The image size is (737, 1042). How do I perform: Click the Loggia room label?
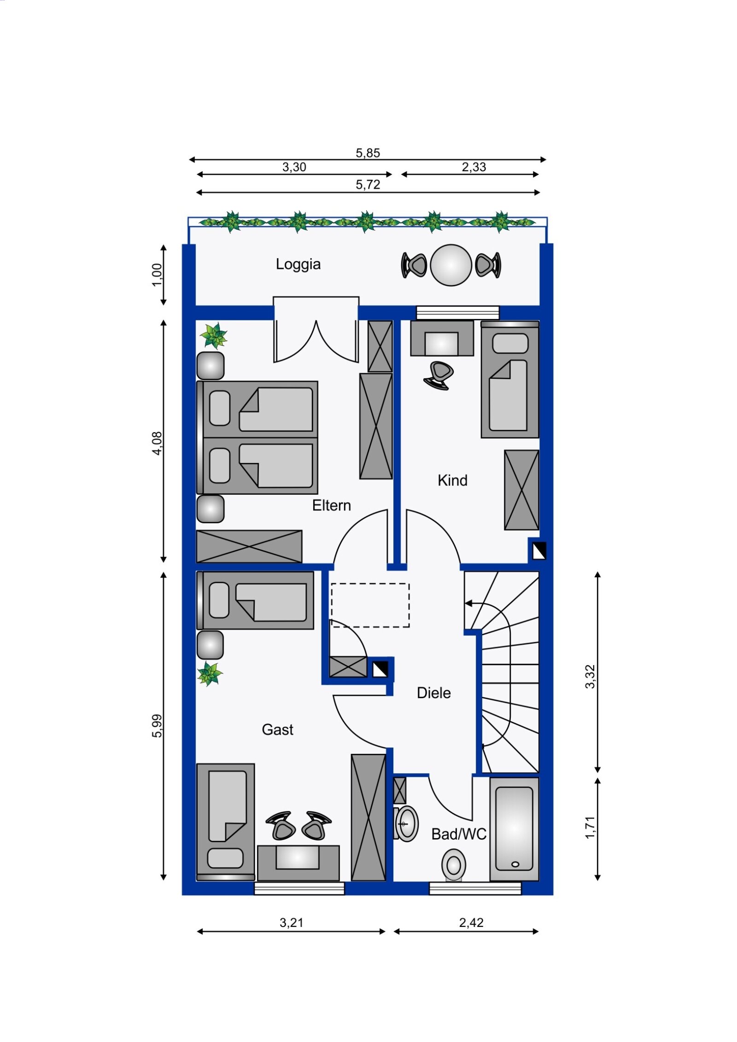pyautogui.click(x=298, y=264)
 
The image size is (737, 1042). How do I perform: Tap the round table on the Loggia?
pyautogui.click(x=451, y=265)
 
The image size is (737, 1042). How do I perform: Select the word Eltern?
pyautogui.click(x=331, y=505)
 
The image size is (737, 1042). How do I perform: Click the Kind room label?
pyautogui.click(x=452, y=480)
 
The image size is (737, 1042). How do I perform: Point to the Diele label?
pyautogui.click(x=433, y=693)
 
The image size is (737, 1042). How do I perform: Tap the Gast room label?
pyautogui.click(x=277, y=729)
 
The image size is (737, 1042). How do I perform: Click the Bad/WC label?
pyautogui.click(x=459, y=834)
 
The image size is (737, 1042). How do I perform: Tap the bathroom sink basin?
pyautogui.click(x=406, y=824)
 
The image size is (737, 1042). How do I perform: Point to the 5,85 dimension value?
pyautogui.click(x=368, y=153)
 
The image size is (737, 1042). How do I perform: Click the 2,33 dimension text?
pyautogui.click(x=474, y=167)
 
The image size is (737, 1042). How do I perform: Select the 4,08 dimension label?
pyautogui.click(x=157, y=443)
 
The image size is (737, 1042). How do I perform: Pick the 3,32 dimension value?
pyautogui.click(x=590, y=676)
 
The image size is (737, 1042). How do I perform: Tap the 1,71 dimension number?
pyautogui.click(x=590, y=827)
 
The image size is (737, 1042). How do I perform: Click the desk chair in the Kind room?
pyautogui.click(x=438, y=376)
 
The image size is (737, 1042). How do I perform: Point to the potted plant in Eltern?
pyautogui.click(x=214, y=336)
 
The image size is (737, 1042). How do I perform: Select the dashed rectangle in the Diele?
pyautogui.click(x=370, y=605)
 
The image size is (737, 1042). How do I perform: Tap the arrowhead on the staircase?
pyautogui.click(x=468, y=603)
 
